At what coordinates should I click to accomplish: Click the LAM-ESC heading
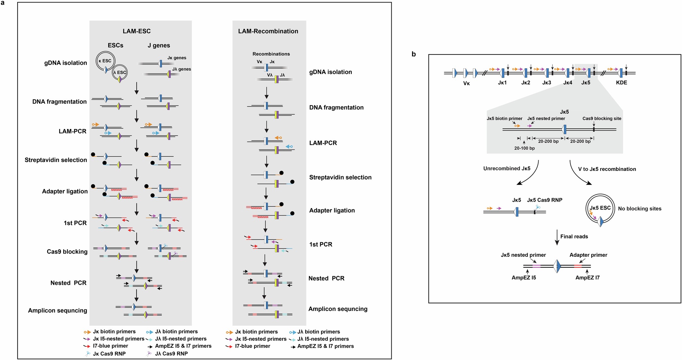(137, 31)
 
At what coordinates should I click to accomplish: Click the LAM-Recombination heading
(268, 31)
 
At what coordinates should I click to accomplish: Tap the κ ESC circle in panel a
(105, 61)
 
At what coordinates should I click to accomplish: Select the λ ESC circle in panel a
(120, 72)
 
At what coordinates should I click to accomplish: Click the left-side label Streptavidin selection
(56, 160)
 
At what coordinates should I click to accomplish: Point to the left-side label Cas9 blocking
(67, 251)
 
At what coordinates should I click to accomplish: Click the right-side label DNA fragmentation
(336, 107)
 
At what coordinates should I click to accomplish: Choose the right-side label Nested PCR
(326, 278)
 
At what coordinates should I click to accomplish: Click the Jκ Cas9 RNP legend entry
(109, 354)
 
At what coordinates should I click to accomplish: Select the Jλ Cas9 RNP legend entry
(171, 354)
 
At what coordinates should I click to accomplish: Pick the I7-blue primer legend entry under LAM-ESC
(110, 346)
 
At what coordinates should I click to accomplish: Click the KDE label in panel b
(621, 82)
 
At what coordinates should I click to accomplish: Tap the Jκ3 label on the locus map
(546, 82)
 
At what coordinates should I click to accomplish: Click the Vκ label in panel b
(467, 83)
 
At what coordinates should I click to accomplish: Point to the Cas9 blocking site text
(601, 118)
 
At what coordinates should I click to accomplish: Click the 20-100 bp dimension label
(524, 148)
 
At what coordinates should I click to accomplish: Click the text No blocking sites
(640, 209)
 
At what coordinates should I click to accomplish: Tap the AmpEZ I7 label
(587, 278)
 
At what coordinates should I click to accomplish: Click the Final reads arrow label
(574, 236)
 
